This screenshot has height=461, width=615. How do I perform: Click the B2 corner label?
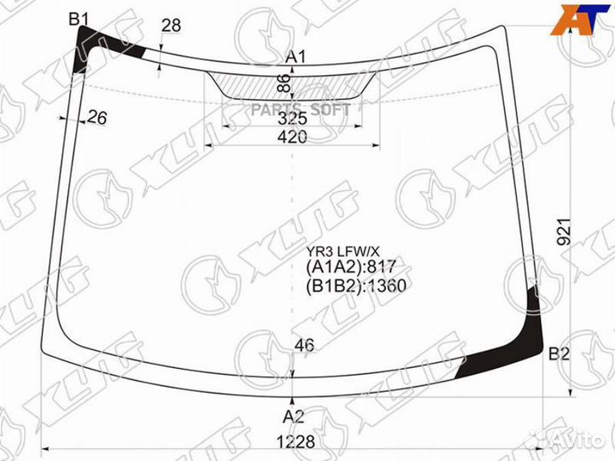[559, 353]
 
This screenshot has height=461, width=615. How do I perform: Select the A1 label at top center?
[296, 57]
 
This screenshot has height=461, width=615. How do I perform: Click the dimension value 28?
[171, 26]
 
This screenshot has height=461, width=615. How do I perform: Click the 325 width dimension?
[293, 119]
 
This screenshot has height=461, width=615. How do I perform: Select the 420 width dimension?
[293, 137]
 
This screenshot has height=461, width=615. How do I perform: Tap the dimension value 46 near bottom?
[304, 346]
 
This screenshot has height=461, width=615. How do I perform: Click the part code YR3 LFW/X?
[343, 252]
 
